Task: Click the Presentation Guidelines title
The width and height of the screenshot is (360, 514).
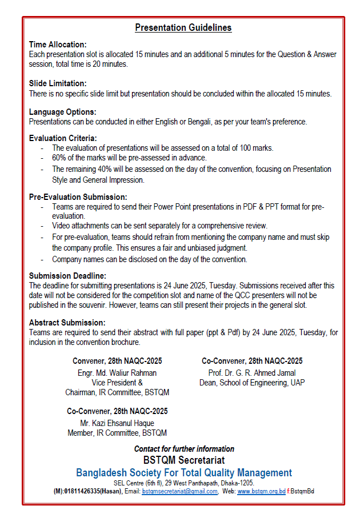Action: point(183,27)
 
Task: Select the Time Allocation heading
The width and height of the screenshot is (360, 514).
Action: point(58,45)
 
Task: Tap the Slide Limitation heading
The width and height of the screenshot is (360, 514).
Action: point(58,83)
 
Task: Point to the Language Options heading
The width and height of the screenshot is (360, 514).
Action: point(62,112)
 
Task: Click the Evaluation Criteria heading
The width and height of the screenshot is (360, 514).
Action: point(63,138)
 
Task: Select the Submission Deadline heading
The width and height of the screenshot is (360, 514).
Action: point(67,276)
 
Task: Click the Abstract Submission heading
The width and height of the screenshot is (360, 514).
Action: point(67,322)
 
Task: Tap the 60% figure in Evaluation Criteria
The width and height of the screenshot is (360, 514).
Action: point(59,158)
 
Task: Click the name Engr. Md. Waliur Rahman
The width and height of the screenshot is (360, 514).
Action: point(117,373)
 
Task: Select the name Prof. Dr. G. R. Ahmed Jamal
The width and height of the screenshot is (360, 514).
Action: point(252,373)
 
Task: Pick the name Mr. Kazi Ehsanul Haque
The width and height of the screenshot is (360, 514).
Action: point(117,423)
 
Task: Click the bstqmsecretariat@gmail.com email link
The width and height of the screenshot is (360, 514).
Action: point(179,491)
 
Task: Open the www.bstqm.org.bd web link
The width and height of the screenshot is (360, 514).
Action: point(261,491)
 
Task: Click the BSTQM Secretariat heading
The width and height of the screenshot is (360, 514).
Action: point(183,460)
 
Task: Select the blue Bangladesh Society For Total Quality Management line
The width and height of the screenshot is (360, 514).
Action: point(183,473)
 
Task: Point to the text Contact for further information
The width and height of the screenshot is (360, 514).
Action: point(183,449)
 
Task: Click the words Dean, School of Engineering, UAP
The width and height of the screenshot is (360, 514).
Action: point(252,383)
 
